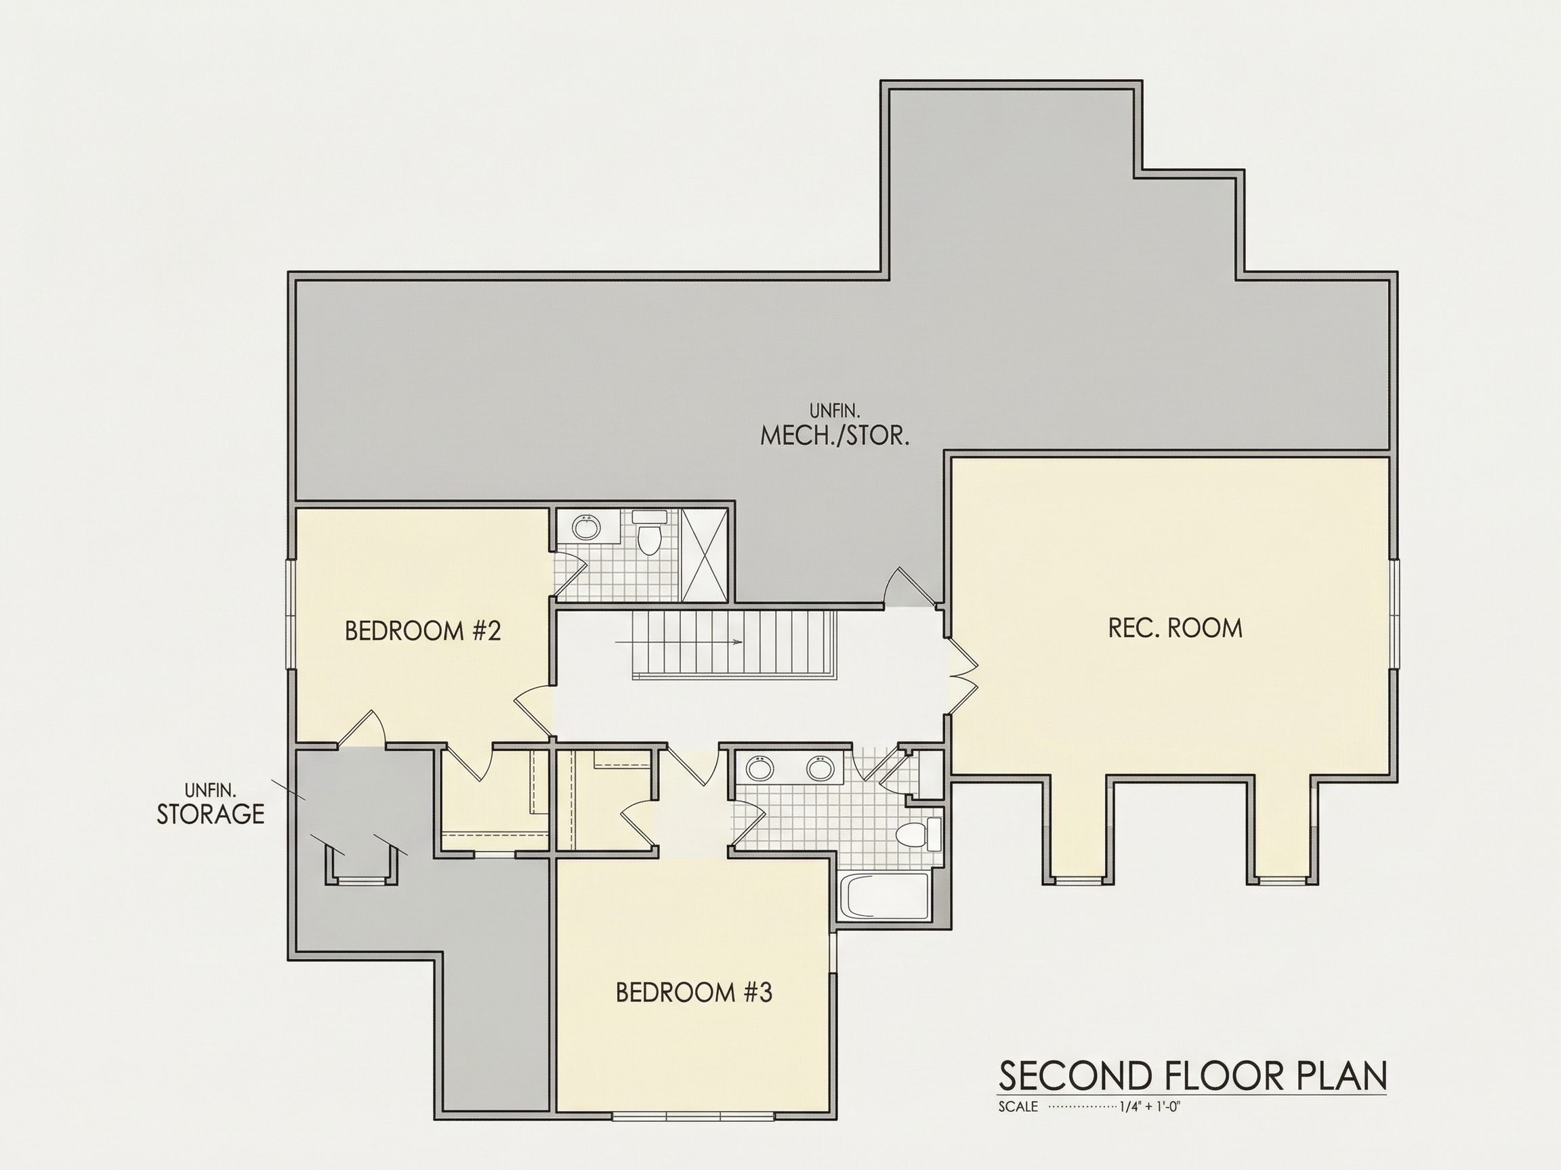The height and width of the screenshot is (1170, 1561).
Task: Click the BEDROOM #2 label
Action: [x=423, y=630]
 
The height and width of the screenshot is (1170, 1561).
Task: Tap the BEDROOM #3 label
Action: [x=694, y=993]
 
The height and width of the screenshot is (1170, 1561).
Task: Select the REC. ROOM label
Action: [x=1175, y=628]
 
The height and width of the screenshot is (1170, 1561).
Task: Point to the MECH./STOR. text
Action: [x=834, y=436]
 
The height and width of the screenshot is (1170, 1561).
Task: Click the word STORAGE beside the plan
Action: [x=210, y=814]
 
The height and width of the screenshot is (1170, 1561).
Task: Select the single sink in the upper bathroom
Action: [x=585, y=527]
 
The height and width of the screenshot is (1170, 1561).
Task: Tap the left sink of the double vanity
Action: [x=759, y=768]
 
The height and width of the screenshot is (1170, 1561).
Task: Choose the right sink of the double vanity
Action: [x=820, y=768]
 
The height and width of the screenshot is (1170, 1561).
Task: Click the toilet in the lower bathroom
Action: [x=919, y=835]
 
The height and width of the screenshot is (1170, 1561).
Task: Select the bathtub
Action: [x=885, y=896]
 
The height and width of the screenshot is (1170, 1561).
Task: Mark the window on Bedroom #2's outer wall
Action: [x=291, y=613]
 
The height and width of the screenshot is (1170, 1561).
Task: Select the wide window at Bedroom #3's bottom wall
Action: [x=693, y=1116]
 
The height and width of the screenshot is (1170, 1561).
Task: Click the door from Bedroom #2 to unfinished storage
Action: [x=360, y=729]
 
